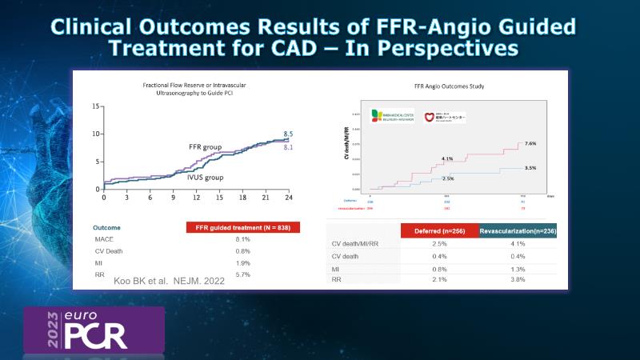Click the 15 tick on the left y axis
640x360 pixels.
click(x=95, y=106)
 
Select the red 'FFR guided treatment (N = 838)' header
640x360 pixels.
click(x=243, y=227)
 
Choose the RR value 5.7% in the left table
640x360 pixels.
click(x=242, y=274)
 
